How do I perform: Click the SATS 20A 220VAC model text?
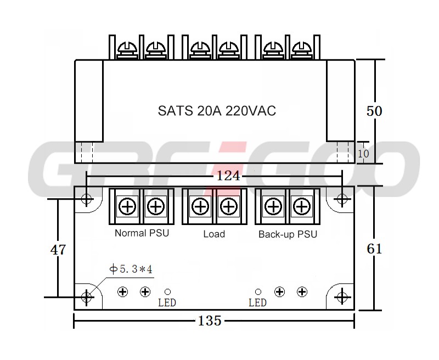pos(217,110)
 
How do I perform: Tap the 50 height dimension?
pos(374,111)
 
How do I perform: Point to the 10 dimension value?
pos(363,154)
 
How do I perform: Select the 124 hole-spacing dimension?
pos(228,176)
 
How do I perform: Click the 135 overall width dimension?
pos(210,320)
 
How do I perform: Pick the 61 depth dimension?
pos(374,249)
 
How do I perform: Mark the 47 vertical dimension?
pos(58,250)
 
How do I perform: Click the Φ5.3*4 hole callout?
pos(131,269)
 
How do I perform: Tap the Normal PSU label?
pos(142,233)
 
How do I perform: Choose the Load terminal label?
pos(214,234)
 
